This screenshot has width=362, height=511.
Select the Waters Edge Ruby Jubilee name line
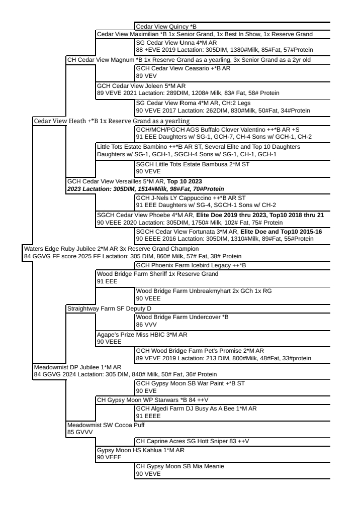point(111,248)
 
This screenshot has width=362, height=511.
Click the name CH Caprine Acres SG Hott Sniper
point(193,441)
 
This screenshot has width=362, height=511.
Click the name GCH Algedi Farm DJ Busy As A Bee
point(196,408)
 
